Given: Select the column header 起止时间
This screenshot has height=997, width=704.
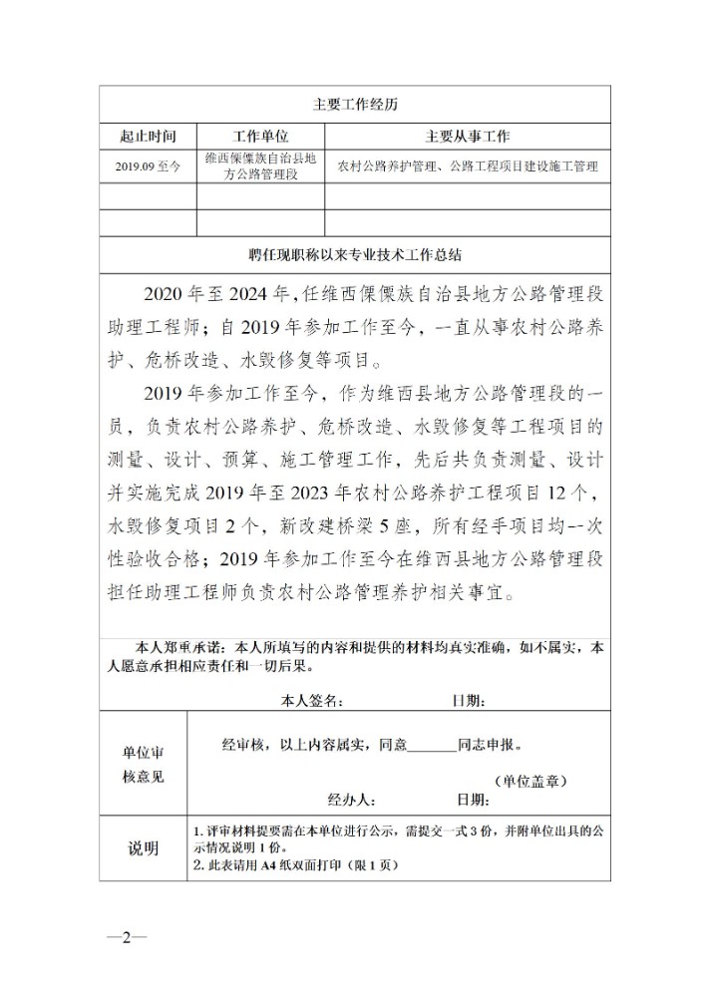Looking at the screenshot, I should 147,137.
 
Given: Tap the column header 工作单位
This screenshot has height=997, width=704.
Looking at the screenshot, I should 260,137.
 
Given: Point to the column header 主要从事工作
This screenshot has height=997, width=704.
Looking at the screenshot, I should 468,137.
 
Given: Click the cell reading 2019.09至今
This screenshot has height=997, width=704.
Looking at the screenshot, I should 148,166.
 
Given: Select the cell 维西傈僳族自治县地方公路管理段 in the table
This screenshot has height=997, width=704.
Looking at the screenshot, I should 260,166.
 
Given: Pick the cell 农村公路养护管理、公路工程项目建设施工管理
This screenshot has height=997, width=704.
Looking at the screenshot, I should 468,166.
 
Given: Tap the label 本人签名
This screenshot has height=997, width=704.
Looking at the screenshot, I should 312,701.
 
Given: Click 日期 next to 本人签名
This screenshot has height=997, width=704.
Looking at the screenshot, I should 471,701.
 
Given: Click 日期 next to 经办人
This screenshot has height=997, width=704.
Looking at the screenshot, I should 473,799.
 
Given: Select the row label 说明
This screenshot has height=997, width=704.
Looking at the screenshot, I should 143,848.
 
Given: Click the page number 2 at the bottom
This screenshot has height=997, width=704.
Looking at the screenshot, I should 127,937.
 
